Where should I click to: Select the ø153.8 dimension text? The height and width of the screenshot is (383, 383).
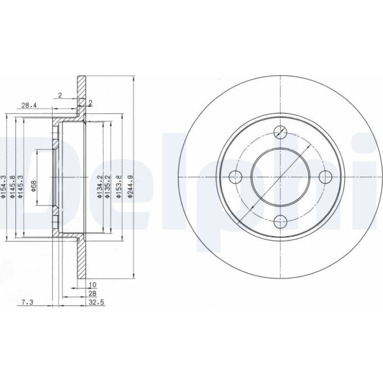coord(118,186)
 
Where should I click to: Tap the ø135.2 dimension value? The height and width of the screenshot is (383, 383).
coord(107,186)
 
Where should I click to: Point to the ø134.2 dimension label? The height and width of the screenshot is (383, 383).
coord(99,186)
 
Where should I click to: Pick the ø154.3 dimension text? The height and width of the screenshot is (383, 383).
coord(3,186)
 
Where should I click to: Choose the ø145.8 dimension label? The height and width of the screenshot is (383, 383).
coord(12,186)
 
